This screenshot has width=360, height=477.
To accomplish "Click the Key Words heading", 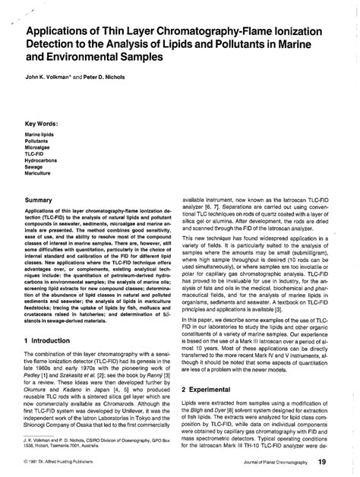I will click(x=44, y=123).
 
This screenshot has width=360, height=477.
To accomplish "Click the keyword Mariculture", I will click(x=40, y=174).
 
